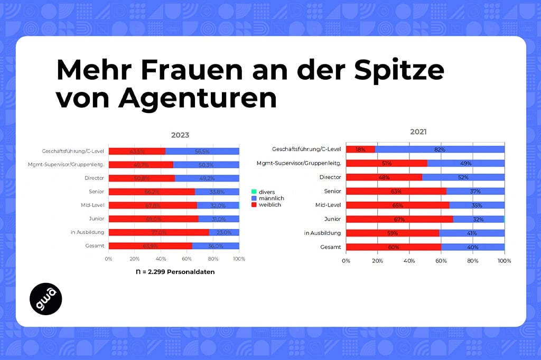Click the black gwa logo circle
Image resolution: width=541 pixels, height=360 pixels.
pyautogui.click(x=46, y=299)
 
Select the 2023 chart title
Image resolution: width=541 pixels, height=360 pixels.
pyautogui.click(x=180, y=135)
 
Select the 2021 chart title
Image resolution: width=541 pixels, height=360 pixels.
pyautogui.click(x=418, y=132)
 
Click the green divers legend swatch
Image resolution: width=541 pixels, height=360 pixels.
pyautogui.click(x=255, y=192)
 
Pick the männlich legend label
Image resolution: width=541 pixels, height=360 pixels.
pyautogui.click(x=272, y=198)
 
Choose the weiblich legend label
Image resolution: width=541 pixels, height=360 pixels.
pyautogui.click(x=270, y=205)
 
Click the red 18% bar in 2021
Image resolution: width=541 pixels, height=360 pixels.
pyautogui.click(x=360, y=149)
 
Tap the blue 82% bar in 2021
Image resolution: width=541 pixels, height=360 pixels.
pyautogui.click(x=440, y=149)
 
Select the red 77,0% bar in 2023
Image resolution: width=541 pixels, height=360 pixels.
pyautogui.click(x=158, y=232)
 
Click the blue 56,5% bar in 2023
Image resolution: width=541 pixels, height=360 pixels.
pyautogui.click(x=202, y=151)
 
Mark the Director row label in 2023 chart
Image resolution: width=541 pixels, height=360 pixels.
pyautogui.click(x=94, y=178)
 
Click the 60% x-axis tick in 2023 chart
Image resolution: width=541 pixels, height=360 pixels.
pyautogui.click(x=187, y=259)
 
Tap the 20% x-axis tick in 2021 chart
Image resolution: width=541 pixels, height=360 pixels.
pyautogui.click(x=378, y=261)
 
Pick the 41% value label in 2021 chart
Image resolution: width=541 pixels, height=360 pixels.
pyautogui.click(x=472, y=233)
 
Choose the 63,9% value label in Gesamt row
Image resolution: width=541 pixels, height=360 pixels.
pyautogui.click(x=151, y=245)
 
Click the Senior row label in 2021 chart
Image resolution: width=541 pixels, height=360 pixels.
pyautogui.click(x=331, y=191)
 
